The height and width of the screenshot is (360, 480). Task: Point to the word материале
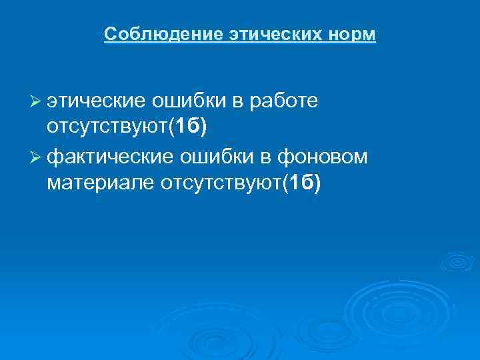point(101,181)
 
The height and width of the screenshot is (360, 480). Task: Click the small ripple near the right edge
point(458,262)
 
